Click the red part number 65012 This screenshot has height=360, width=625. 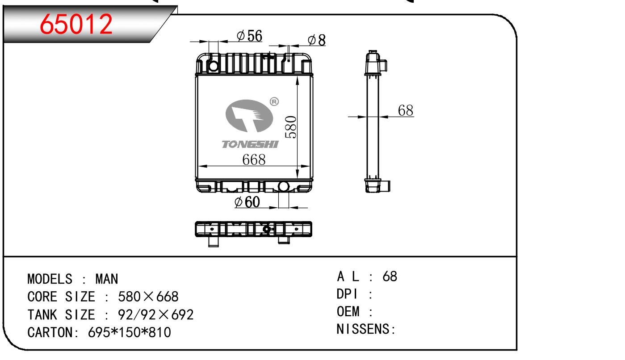coord(76,25)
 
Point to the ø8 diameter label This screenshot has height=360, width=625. coord(317,40)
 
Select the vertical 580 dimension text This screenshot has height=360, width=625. coord(291,127)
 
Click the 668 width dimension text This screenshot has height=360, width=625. coord(254,159)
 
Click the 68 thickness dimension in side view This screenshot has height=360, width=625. coord(406,111)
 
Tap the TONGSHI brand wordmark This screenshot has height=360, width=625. coord(250,144)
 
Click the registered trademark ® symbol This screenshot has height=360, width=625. coord(274,102)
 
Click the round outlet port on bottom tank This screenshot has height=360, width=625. coord(283,186)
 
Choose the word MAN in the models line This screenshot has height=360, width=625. coord(107,280)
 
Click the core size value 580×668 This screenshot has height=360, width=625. coord(148,297)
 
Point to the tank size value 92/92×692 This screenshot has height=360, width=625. coord(155,315)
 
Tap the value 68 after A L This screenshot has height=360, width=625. coord(390,276)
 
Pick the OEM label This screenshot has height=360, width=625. coord(348,312)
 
